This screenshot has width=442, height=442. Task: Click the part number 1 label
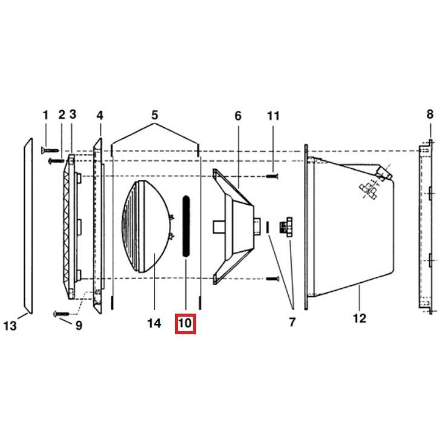pyautogui.click(x=45, y=115)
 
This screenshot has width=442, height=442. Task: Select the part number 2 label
pyautogui.click(x=62, y=115)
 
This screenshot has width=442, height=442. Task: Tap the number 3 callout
pyautogui.click(x=73, y=114)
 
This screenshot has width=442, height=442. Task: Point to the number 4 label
pyautogui.click(x=100, y=115)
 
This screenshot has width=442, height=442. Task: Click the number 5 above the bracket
pyautogui.click(x=155, y=115)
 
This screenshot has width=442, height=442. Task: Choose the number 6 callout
pyautogui.click(x=238, y=115)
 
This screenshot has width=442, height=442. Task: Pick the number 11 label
pyautogui.click(x=274, y=115)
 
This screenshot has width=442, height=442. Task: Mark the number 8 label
pyautogui.click(x=430, y=114)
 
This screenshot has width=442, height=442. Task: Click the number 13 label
pyautogui.click(x=10, y=326)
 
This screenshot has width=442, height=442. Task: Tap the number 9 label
pyautogui.click(x=78, y=325)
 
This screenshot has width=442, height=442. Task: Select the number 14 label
pyautogui.click(x=154, y=323)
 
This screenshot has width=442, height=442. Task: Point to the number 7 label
pyautogui.click(x=292, y=322)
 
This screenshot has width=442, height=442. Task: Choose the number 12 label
pyautogui.click(x=360, y=318)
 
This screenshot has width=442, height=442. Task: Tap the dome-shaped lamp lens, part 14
pyautogui.click(x=148, y=226)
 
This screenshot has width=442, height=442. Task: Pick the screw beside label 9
pyautogui.click(x=62, y=314)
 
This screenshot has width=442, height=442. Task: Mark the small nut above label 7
pyautogui.click(x=285, y=228)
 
